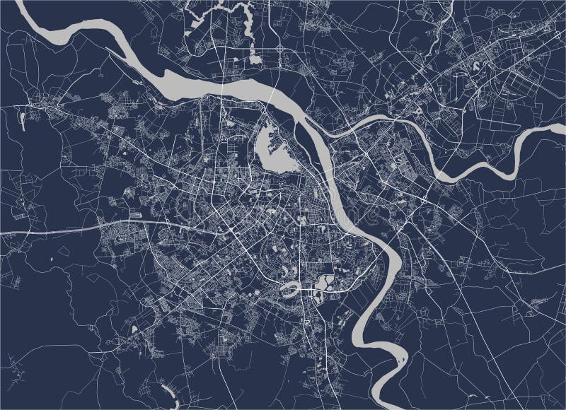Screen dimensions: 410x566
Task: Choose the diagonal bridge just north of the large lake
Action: [x=272, y=95]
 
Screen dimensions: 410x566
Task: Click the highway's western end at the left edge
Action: [x=3, y=233]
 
